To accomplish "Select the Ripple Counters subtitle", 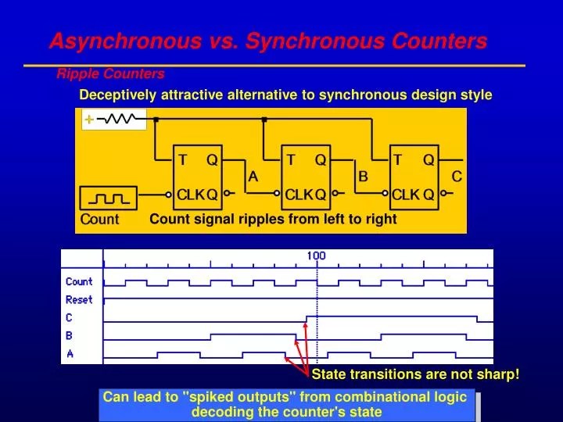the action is [110, 73].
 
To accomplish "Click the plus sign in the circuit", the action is [89, 120].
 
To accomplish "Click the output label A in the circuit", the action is [253, 177].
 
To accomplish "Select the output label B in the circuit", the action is [363, 177].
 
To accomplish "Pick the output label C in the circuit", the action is [457, 177].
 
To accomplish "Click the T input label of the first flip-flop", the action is [182, 160].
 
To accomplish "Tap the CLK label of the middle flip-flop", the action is [298, 195].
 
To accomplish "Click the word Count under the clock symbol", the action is [99, 220].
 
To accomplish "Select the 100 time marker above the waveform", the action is [316, 256].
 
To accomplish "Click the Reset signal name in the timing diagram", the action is [79, 299].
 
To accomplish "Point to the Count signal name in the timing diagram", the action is [79, 281].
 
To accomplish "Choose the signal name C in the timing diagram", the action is [69, 317].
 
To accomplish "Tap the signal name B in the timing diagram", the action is [69, 335].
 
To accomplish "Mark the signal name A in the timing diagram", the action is [69, 353].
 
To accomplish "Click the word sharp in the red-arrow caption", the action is [498, 375].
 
